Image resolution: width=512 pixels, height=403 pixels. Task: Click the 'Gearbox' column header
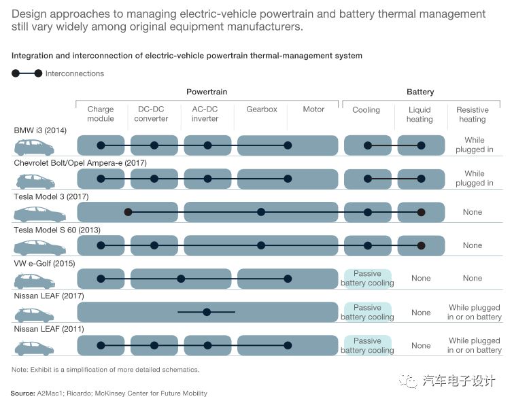click(261, 109)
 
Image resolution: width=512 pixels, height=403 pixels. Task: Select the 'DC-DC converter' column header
click(151, 114)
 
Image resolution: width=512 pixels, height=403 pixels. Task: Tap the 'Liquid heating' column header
click(420, 114)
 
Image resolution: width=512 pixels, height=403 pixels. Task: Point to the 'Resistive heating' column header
click(472, 114)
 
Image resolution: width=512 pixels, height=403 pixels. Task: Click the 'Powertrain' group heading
click(207, 92)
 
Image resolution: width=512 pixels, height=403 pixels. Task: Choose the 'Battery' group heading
click(420, 92)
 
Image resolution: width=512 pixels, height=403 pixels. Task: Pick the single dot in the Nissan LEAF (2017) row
click(207, 312)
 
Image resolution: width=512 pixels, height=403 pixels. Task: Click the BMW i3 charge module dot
click(101, 145)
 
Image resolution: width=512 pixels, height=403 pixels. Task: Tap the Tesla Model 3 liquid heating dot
click(421, 212)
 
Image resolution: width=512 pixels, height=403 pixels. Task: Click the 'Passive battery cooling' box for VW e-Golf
click(367, 279)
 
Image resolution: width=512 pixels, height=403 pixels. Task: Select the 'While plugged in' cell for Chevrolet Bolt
click(474, 178)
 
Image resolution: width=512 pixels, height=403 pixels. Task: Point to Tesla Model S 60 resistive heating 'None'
click(472, 245)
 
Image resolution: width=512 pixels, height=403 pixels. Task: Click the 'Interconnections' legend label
click(75, 73)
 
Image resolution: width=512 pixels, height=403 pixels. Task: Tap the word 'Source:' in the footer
click(22, 393)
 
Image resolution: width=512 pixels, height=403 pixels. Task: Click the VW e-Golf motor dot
click(288, 279)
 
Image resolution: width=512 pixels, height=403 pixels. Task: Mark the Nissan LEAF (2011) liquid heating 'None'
click(421, 345)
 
